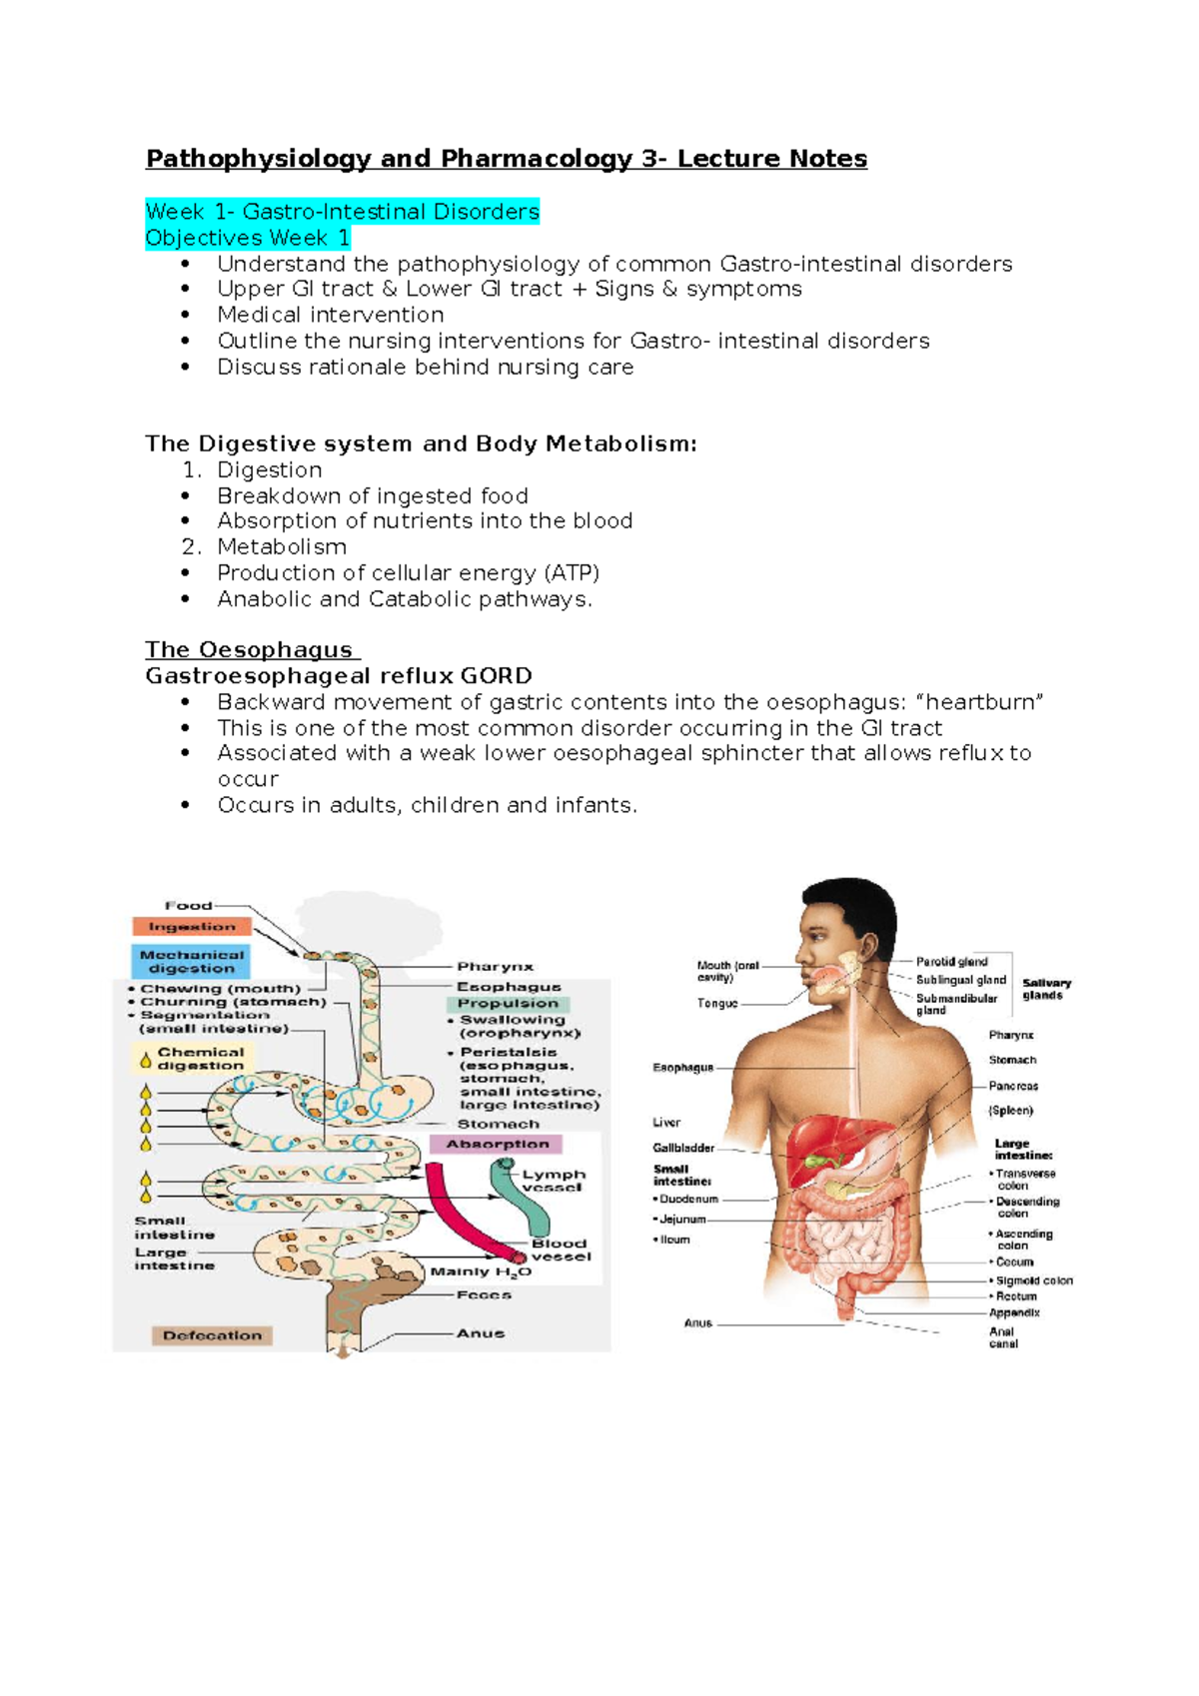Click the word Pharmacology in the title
(x=536, y=159)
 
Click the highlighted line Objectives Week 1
(x=248, y=238)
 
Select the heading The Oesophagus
(x=249, y=650)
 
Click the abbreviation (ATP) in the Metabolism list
(x=572, y=573)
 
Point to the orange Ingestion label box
(x=192, y=927)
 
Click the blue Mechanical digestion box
(x=191, y=962)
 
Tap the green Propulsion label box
(x=508, y=1004)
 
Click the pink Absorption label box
(x=497, y=1145)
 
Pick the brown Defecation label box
(x=212, y=1335)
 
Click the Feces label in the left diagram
(x=484, y=1294)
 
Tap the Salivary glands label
(x=1045, y=989)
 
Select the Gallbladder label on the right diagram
(x=683, y=1149)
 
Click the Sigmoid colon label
(x=1034, y=1280)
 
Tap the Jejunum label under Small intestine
(x=682, y=1220)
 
